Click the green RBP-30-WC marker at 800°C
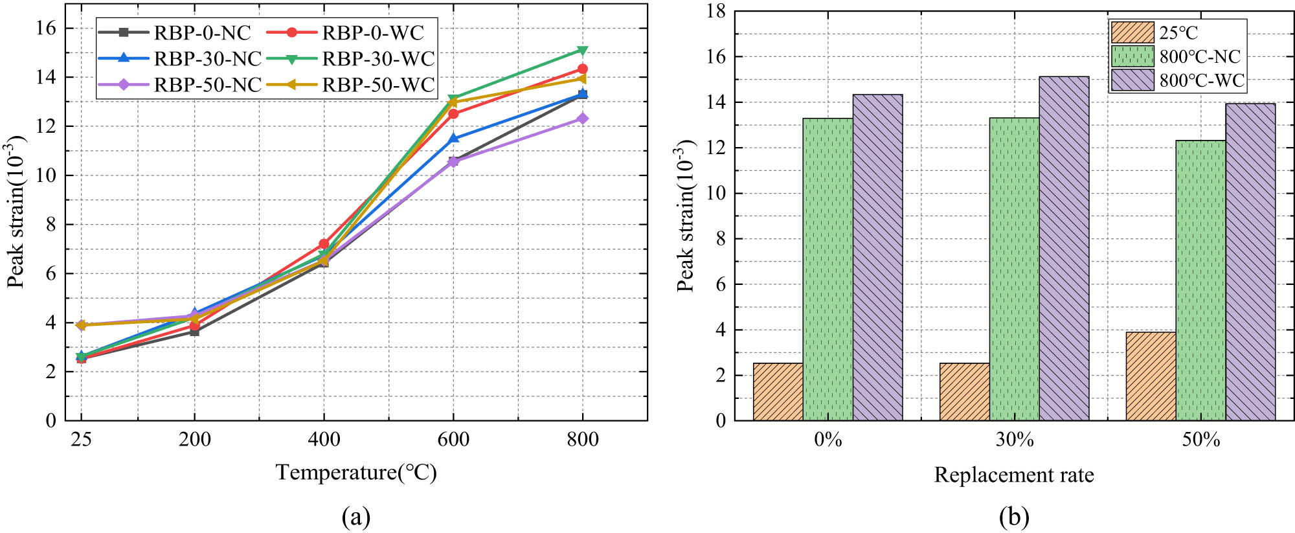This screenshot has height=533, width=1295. pyautogui.click(x=582, y=51)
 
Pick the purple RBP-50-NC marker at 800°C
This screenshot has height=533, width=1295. pyautogui.click(x=582, y=119)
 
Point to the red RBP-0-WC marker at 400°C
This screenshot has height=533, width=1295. pyautogui.click(x=324, y=244)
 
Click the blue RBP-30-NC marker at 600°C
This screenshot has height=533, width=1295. pyautogui.click(x=453, y=138)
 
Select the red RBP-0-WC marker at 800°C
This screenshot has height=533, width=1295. pyautogui.click(x=582, y=69)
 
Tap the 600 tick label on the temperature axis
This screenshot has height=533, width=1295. pyautogui.click(x=453, y=440)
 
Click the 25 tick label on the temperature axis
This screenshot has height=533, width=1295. pyautogui.click(x=81, y=440)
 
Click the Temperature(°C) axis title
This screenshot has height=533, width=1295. pyautogui.click(x=356, y=472)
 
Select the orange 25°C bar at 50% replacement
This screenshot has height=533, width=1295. pyautogui.click(x=1151, y=376)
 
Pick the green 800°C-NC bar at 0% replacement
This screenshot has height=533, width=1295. pyautogui.click(x=828, y=269)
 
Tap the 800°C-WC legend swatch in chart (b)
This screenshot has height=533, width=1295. pyautogui.click(x=1132, y=80)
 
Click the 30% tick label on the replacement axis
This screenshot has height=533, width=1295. pyautogui.click(x=1014, y=440)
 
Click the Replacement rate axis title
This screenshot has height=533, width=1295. pyautogui.click(x=1013, y=475)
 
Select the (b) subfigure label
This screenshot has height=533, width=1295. pyautogui.click(x=1013, y=517)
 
